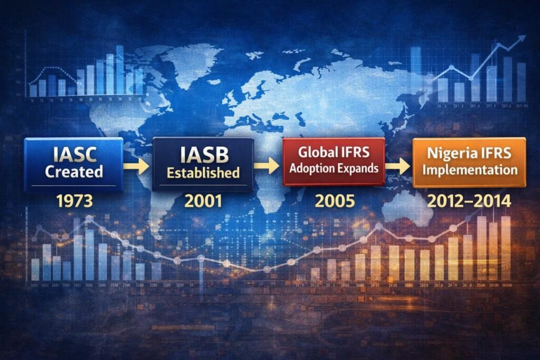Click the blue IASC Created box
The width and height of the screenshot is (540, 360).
[73, 163]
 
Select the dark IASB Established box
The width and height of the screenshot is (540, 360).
[203, 163]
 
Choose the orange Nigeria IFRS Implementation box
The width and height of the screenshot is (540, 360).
[469, 162]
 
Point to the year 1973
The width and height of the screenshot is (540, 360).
[73, 201]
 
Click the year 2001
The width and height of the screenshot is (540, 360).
[203, 201]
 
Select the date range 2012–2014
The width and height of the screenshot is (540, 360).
[469, 201]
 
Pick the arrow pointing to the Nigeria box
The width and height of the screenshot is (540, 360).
[398, 166]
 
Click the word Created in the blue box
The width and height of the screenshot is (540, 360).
[74, 172]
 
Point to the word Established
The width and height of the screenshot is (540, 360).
[204, 172]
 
